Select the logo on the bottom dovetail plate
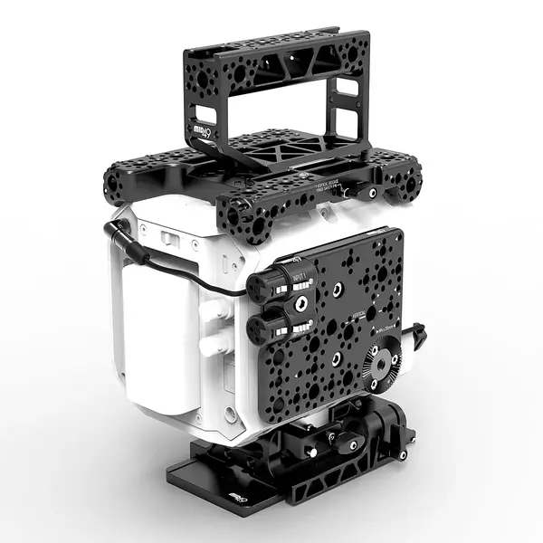click(x=238, y=499)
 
